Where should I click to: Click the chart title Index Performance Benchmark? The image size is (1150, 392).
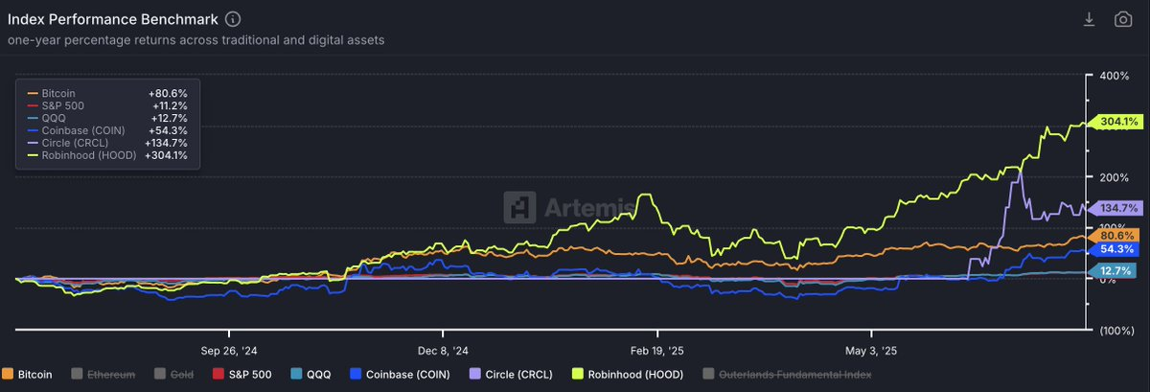(x=114, y=19)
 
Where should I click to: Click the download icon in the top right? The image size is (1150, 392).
(x=1089, y=19)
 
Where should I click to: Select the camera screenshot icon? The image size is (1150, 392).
(x=1122, y=19)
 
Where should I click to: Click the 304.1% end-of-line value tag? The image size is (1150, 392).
(x=1120, y=122)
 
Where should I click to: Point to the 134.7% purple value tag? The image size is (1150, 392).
(x=1120, y=208)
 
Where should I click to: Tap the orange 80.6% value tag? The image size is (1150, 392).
(x=1117, y=236)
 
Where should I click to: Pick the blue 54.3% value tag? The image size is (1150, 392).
(x=1117, y=249)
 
